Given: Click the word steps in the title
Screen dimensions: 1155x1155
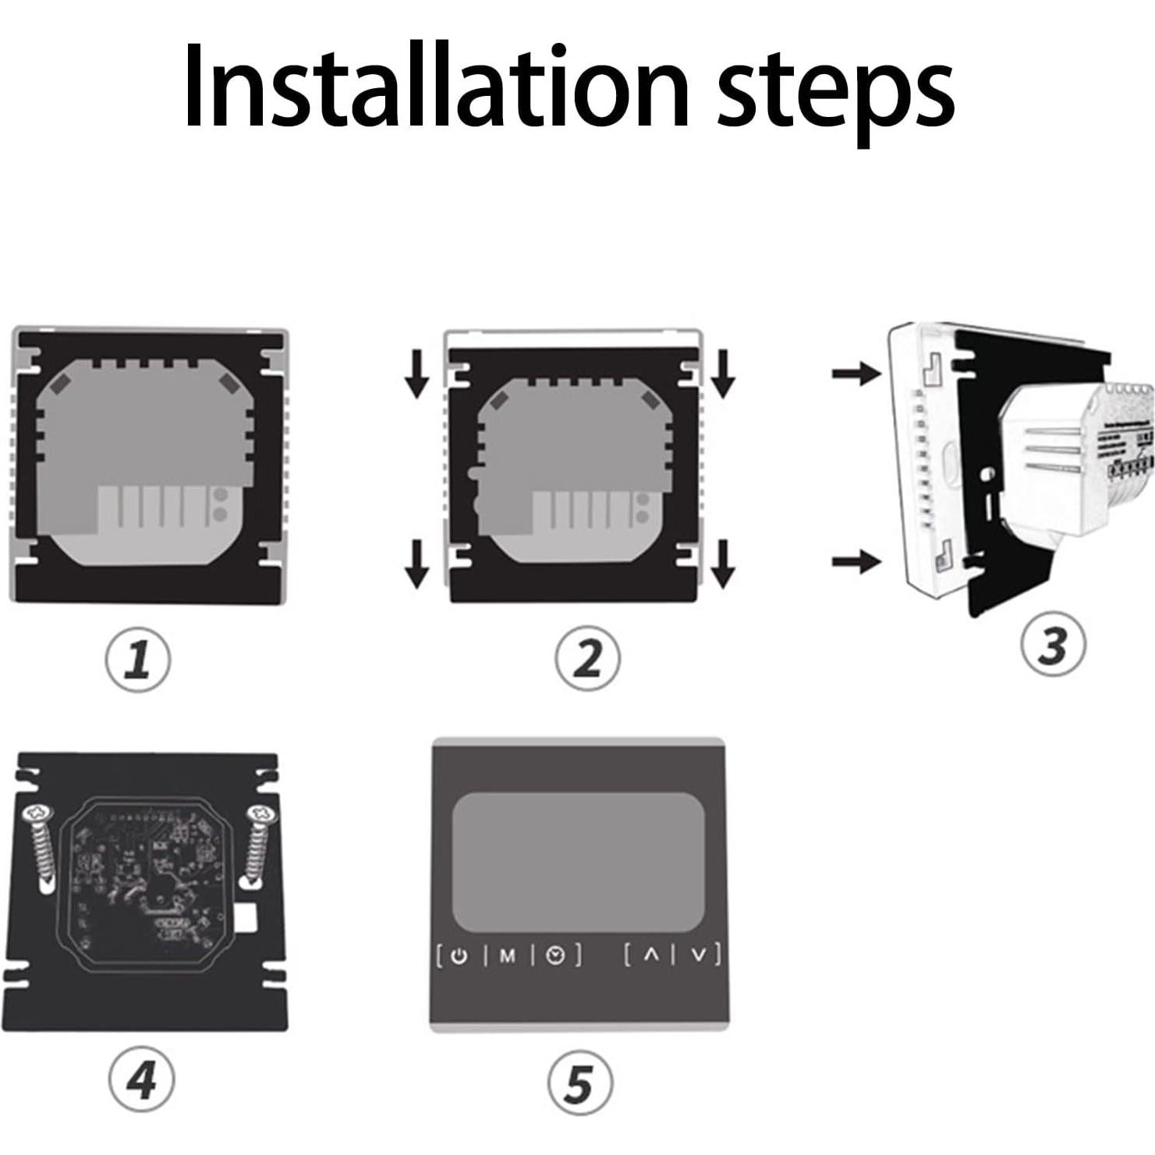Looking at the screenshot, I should [x=834, y=92].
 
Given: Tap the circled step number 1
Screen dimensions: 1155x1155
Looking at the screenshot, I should [x=138, y=660].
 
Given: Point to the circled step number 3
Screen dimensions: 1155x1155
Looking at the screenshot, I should [x=1052, y=645].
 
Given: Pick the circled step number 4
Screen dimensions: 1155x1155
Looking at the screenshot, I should [x=141, y=1079].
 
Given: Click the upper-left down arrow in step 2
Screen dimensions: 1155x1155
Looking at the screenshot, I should [x=417, y=374].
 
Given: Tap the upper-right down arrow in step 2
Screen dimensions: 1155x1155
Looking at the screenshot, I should [x=723, y=374].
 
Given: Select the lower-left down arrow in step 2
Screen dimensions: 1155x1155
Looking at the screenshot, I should [x=417, y=564].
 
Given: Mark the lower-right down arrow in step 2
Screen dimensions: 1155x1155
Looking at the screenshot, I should [x=723, y=564].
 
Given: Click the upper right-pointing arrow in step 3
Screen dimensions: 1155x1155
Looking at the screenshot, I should [x=856, y=374].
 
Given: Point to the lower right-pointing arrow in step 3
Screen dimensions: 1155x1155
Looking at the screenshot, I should [x=856, y=560].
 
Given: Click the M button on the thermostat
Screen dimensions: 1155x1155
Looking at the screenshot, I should [x=508, y=955].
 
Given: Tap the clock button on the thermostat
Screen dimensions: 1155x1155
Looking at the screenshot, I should [x=555, y=955].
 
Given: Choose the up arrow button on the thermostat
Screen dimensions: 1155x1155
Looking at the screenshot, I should [x=652, y=955].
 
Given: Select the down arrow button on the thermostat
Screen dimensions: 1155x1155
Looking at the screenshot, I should [x=700, y=955].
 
